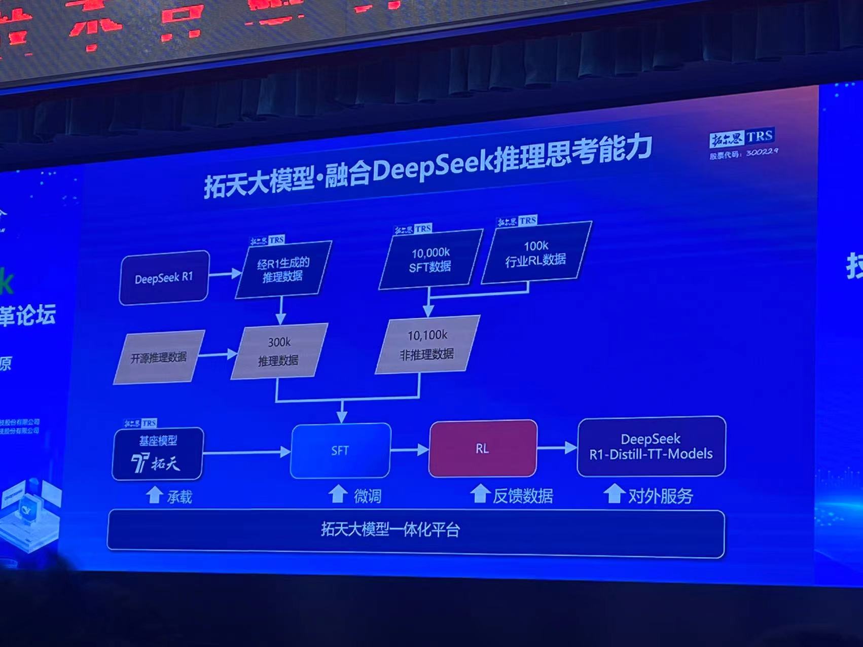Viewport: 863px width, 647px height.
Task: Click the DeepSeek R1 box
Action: coord(164,277)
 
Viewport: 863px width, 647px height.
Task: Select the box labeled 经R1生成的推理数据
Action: coord(283,270)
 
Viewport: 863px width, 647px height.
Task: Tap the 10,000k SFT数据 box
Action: coord(430,260)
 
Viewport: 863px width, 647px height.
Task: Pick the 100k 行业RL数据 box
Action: coord(536,253)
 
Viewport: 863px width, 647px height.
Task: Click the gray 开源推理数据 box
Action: coord(159,357)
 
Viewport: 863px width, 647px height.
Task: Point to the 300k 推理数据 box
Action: coord(279,351)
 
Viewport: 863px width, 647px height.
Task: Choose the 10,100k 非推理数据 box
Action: coord(427,345)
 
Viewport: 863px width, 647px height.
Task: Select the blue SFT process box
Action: coord(340,450)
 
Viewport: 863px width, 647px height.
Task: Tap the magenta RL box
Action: coord(482,449)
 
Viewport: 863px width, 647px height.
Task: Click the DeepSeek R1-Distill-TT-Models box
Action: coord(651,446)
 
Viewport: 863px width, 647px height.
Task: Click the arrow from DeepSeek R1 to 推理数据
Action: coord(225,274)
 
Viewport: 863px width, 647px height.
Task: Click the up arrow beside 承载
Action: coord(154,495)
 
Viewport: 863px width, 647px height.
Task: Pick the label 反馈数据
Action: coord(523,495)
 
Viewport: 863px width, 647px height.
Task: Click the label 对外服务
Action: coord(660,495)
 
